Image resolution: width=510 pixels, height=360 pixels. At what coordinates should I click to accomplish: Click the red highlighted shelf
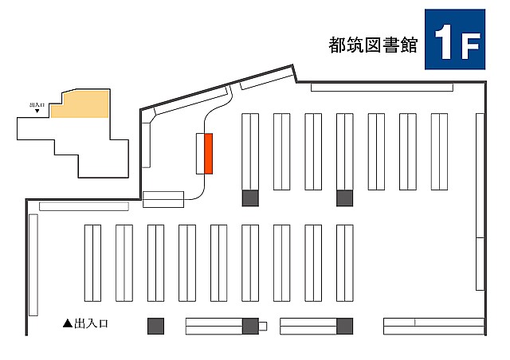[208, 154]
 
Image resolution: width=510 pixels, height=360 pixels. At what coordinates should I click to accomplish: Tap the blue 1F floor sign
[455, 39]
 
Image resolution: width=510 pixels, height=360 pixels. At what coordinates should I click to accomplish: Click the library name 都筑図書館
[373, 45]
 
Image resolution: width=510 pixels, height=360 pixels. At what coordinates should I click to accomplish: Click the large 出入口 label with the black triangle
[85, 323]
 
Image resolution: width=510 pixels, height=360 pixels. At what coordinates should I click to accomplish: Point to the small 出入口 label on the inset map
[37, 105]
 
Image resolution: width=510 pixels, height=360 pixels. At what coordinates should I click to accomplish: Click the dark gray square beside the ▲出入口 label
[156, 327]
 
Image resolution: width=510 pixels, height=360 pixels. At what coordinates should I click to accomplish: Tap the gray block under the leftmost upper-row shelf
[250, 198]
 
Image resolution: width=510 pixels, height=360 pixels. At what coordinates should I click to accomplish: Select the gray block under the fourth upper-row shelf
[345, 198]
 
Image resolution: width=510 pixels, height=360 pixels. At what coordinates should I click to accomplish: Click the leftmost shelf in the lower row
[92, 263]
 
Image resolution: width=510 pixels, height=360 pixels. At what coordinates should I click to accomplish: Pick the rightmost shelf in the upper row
[439, 151]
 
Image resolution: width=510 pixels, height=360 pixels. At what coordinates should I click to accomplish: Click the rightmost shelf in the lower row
[345, 263]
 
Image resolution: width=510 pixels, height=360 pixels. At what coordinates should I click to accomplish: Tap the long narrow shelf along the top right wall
[382, 88]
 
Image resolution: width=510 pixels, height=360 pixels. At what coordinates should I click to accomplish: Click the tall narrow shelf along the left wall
[33, 265]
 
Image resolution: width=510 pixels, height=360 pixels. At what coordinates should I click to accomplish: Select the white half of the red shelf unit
[200, 154]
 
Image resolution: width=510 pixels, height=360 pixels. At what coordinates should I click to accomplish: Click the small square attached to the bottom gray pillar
[263, 327]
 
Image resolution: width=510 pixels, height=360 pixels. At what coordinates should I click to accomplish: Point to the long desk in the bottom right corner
[434, 327]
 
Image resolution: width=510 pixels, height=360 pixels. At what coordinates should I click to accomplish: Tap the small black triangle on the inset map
[37, 111]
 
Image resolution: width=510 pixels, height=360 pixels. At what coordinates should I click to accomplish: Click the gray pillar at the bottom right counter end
[345, 327]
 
